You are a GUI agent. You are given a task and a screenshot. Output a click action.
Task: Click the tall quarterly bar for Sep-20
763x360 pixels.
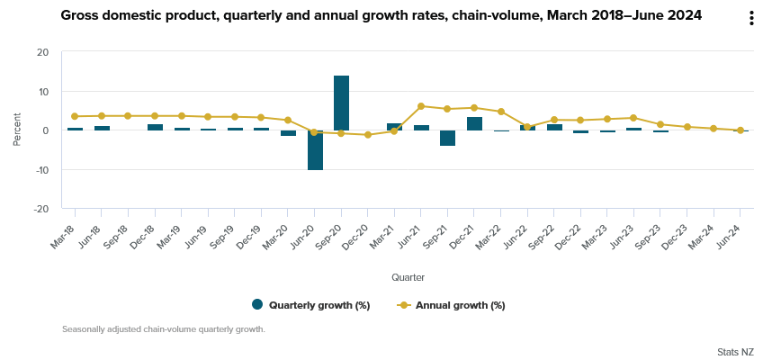(341, 103)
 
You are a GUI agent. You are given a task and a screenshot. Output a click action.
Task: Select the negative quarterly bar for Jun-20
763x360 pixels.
(315, 150)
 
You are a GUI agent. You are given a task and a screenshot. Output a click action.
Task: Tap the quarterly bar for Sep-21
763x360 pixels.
(447, 138)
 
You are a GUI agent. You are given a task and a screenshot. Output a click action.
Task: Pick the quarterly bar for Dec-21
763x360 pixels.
(474, 123)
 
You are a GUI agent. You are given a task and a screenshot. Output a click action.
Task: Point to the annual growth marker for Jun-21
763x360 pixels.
(421, 106)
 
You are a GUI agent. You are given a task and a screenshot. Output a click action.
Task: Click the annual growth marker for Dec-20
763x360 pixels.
(368, 135)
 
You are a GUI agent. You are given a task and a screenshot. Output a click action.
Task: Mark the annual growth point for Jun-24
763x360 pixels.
(741, 130)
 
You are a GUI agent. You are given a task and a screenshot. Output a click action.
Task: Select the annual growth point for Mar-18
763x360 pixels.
(75, 116)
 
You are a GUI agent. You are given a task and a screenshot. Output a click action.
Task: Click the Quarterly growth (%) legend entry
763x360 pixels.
(311, 305)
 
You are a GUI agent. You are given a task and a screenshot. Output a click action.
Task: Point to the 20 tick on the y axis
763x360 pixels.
(43, 52)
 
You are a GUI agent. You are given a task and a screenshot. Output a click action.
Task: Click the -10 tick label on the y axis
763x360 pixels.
(41, 169)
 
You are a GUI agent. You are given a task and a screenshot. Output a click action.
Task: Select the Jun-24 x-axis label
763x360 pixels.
(732, 241)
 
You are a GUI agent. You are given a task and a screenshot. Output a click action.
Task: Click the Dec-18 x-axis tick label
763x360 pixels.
(148, 241)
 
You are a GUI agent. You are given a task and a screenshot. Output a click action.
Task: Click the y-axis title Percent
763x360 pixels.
(17, 130)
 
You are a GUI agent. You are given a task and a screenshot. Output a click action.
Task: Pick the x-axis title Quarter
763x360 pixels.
(408, 277)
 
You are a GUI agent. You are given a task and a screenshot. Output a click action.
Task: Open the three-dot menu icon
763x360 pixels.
(751, 19)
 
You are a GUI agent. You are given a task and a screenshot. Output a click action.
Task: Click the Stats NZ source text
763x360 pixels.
(735, 350)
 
